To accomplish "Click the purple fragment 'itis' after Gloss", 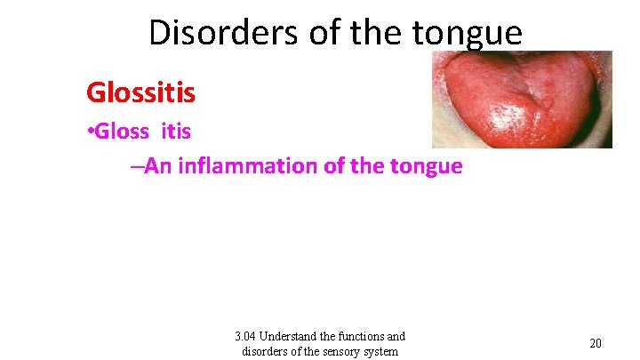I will tap(176, 132).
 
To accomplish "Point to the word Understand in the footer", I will tap(296, 336).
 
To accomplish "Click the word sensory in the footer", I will tap(344, 350).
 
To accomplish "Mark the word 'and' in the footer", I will tap(396, 336).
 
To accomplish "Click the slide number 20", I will tap(596, 343).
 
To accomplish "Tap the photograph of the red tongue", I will tap(521, 99).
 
